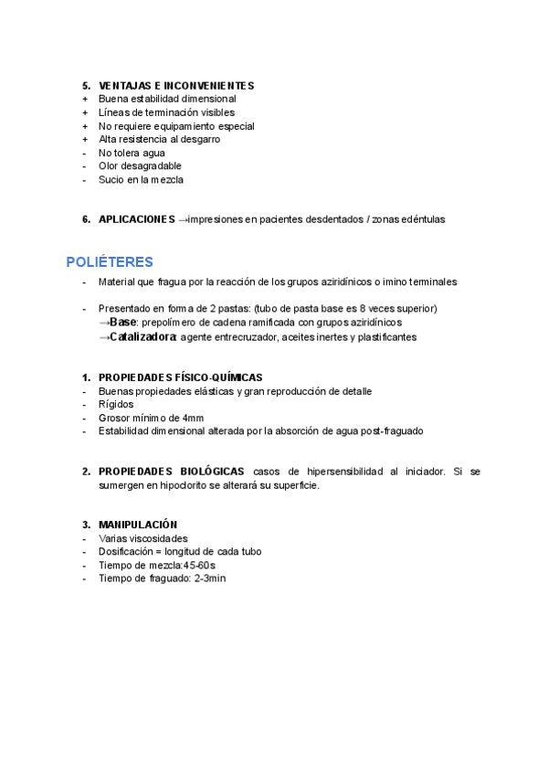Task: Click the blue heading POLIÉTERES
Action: point(110,262)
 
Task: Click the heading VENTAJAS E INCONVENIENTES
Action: point(175,86)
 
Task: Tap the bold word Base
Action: point(122,323)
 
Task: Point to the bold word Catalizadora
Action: point(142,337)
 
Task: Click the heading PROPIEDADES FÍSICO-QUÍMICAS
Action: point(180,377)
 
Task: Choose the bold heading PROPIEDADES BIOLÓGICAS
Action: point(171,472)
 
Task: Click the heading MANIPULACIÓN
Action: point(138,525)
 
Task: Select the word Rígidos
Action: point(116,404)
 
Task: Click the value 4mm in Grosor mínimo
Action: point(193,418)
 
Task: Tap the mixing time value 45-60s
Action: point(194,565)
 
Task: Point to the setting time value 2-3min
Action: point(210,579)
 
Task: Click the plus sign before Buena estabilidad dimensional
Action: point(85,99)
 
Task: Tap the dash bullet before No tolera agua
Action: point(84,153)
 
